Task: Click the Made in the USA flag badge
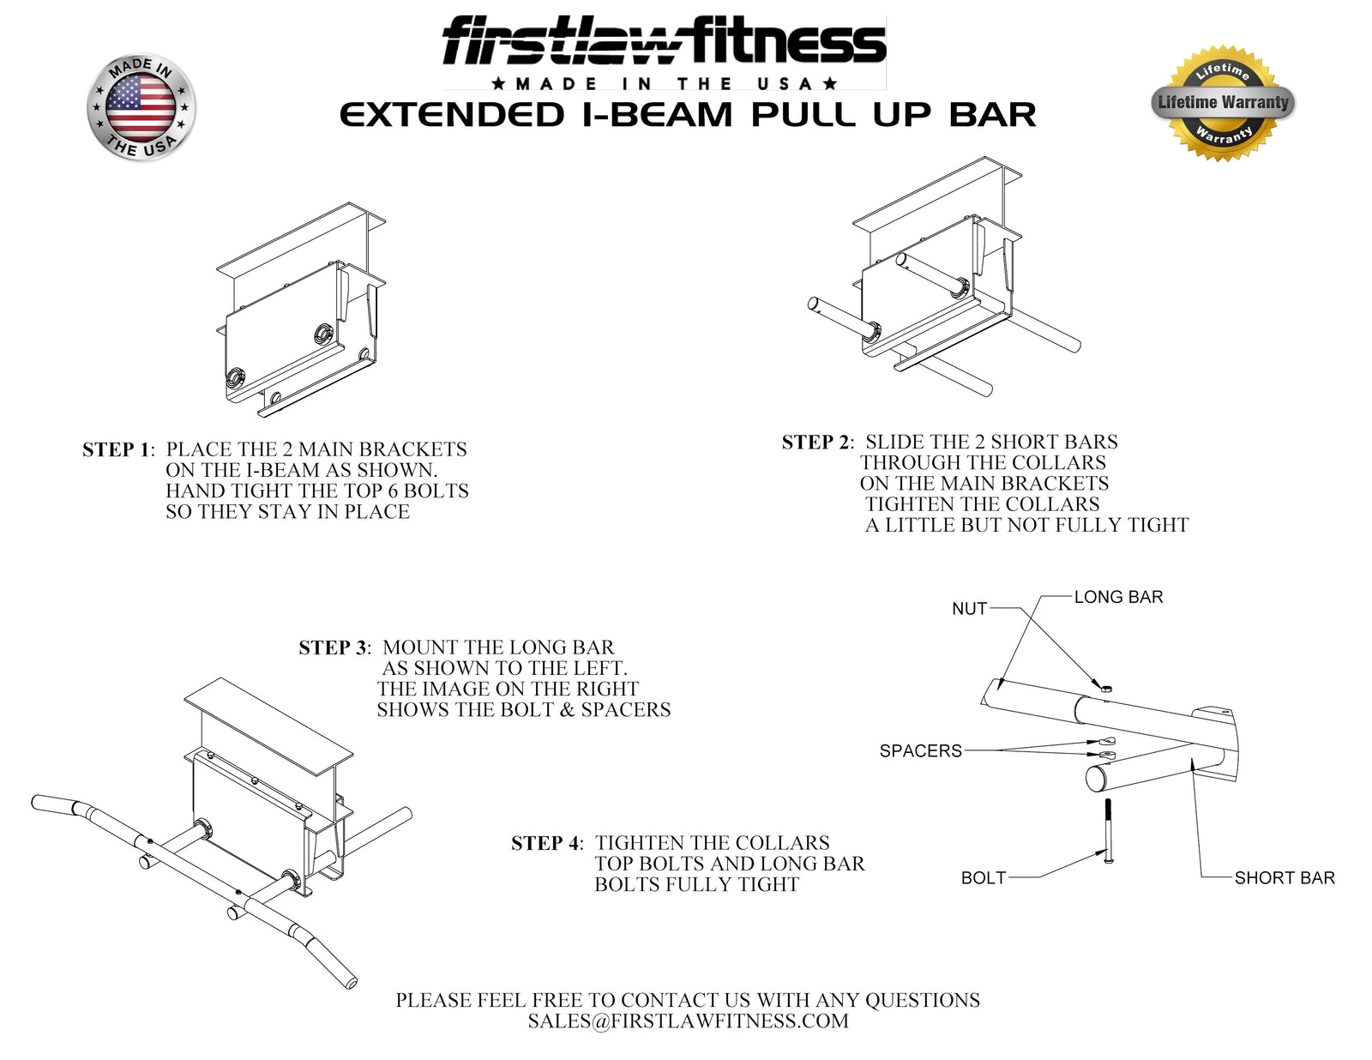click(141, 108)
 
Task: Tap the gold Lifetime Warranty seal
click(1223, 103)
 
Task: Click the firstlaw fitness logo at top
click(664, 43)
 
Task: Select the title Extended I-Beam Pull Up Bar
click(688, 115)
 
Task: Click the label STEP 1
click(117, 450)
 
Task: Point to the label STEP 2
click(816, 443)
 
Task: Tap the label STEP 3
click(334, 648)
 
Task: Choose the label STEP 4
click(546, 844)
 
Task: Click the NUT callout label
click(969, 609)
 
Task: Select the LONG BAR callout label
click(1118, 597)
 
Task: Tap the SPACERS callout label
click(920, 751)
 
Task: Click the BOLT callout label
click(983, 878)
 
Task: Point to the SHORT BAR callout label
click(1284, 878)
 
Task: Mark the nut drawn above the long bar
click(1105, 686)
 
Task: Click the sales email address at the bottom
click(688, 1021)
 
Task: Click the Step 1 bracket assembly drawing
click(300, 317)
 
